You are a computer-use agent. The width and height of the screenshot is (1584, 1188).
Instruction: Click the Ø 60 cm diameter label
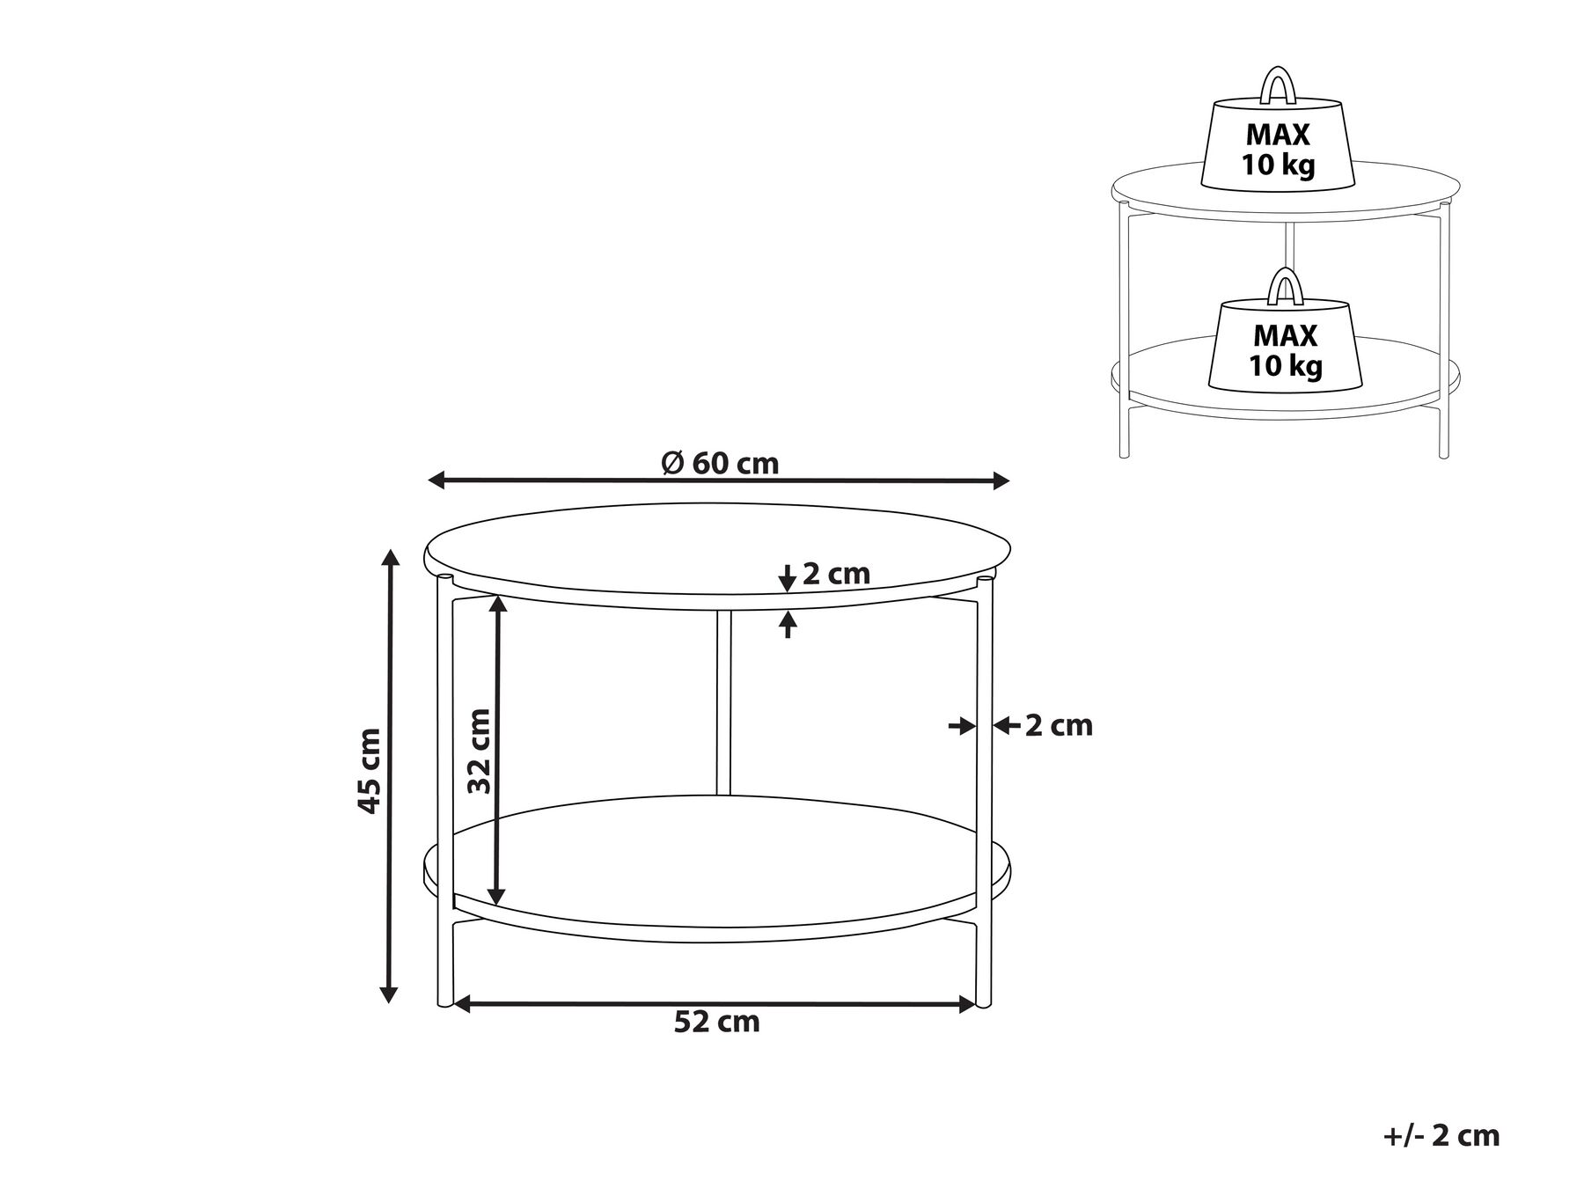(720, 463)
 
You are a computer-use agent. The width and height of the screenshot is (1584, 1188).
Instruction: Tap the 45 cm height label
(370, 771)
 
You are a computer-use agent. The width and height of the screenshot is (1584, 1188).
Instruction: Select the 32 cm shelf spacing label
(478, 752)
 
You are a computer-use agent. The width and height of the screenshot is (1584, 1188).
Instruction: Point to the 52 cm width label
(717, 1022)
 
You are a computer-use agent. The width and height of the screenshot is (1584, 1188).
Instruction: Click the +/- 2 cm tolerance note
(1441, 1135)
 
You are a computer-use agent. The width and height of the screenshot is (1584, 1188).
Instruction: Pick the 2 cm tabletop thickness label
(836, 574)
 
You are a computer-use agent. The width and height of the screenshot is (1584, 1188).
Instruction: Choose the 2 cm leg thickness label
(1059, 725)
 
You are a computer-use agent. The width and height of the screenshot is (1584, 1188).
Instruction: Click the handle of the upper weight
(1277, 84)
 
